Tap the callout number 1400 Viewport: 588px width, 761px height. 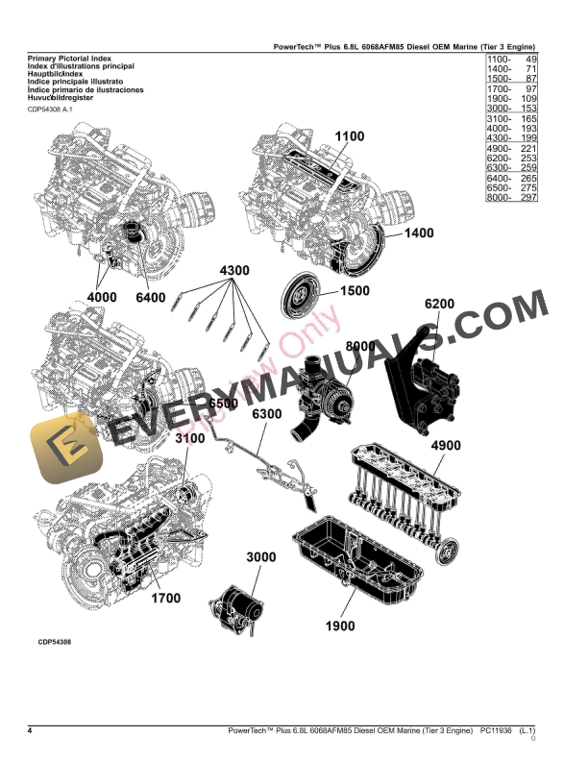click(419, 233)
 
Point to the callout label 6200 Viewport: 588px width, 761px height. click(439, 305)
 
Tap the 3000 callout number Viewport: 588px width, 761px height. click(261, 557)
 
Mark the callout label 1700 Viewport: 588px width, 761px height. click(164, 599)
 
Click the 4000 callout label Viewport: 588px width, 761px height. click(101, 298)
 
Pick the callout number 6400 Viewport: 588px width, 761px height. click(151, 298)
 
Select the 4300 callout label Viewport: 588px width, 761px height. click(234, 270)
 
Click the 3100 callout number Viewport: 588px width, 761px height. click(191, 439)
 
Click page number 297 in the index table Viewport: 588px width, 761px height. click(525, 197)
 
